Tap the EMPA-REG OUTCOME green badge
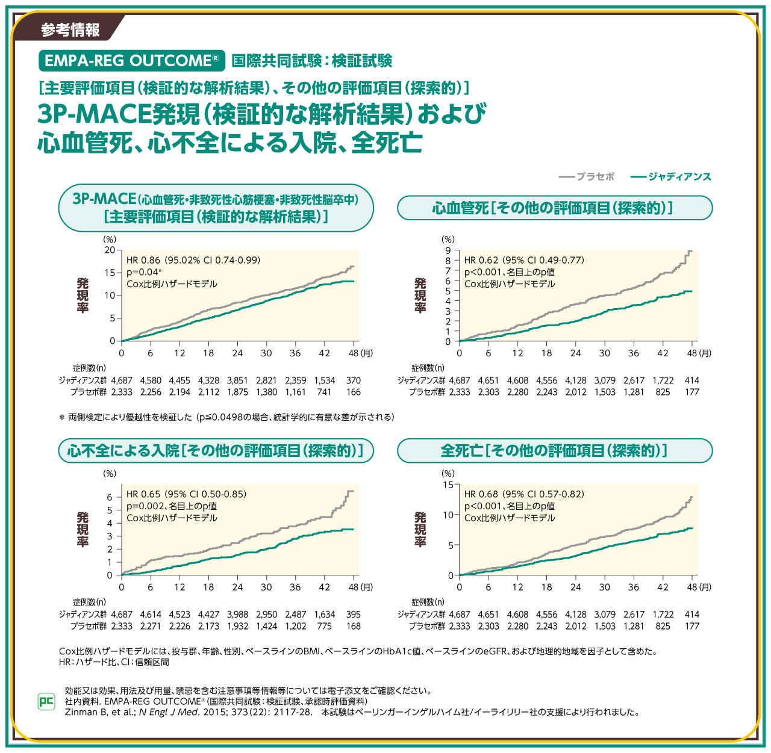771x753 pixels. (x=131, y=61)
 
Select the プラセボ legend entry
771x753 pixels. (x=587, y=176)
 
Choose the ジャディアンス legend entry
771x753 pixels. (x=671, y=176)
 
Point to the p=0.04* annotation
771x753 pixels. (x=144, y=272)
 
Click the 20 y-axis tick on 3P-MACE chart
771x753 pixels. (x=110, y=250)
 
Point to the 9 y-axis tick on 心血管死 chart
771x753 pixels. (x=448, y=250)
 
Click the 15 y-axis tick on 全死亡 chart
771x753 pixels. (x=448, y=485)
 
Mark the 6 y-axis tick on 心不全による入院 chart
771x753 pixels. (x=110, y=497)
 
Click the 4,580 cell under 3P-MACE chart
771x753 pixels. (x=151, y=380)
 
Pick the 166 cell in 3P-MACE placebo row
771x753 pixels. (x=354, y=392)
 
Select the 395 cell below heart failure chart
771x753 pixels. (x=354, y=615)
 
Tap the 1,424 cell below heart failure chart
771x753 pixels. (x=266, y=626)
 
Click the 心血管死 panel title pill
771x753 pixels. (x=555, y=208)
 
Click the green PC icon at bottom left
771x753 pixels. (x=46, y=701)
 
